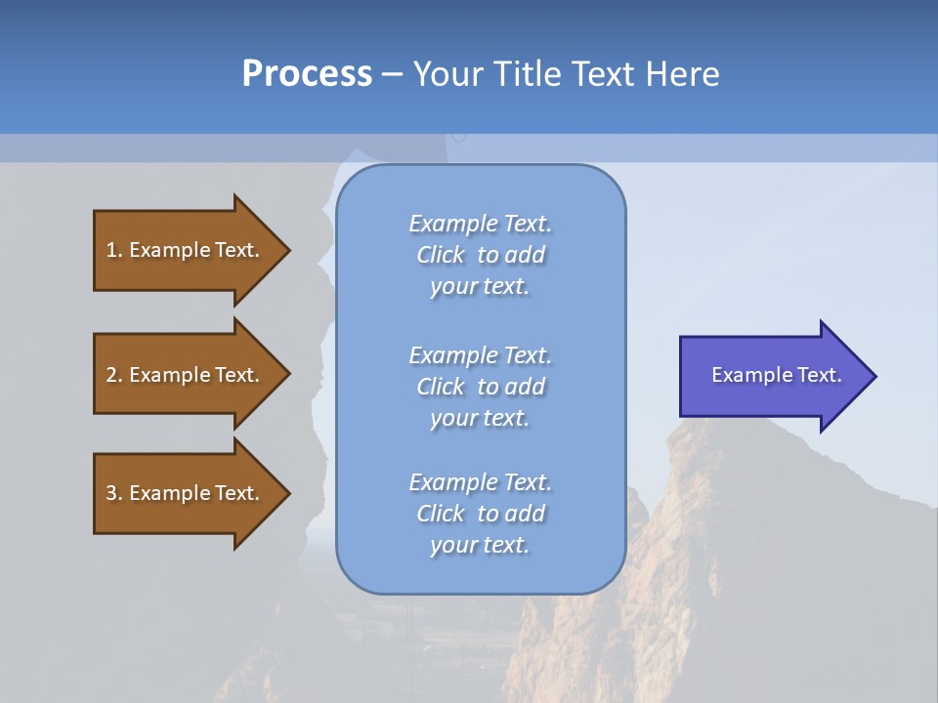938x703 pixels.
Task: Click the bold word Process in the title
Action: [x=307, y=74]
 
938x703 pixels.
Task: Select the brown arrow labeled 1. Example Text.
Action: [x=186, y=250]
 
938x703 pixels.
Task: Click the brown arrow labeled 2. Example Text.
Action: [x=186, y=375]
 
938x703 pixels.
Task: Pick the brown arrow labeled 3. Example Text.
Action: [x=186, y=493]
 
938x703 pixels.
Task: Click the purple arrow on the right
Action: [x=772, y=376]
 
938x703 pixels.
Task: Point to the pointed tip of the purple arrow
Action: [x=874, y=376]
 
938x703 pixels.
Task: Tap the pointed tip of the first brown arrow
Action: [x=288, y=250]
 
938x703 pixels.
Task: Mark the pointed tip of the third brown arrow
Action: [x=288, y=493]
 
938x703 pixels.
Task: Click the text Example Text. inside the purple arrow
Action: [x=776, y=375]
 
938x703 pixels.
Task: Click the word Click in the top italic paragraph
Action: [x=441, y=255]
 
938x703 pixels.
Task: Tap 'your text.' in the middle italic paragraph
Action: [x=480, y=418]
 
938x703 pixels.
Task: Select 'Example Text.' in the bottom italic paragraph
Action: [x=480, y=482]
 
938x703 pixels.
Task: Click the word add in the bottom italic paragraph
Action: [x=527, y=514]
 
